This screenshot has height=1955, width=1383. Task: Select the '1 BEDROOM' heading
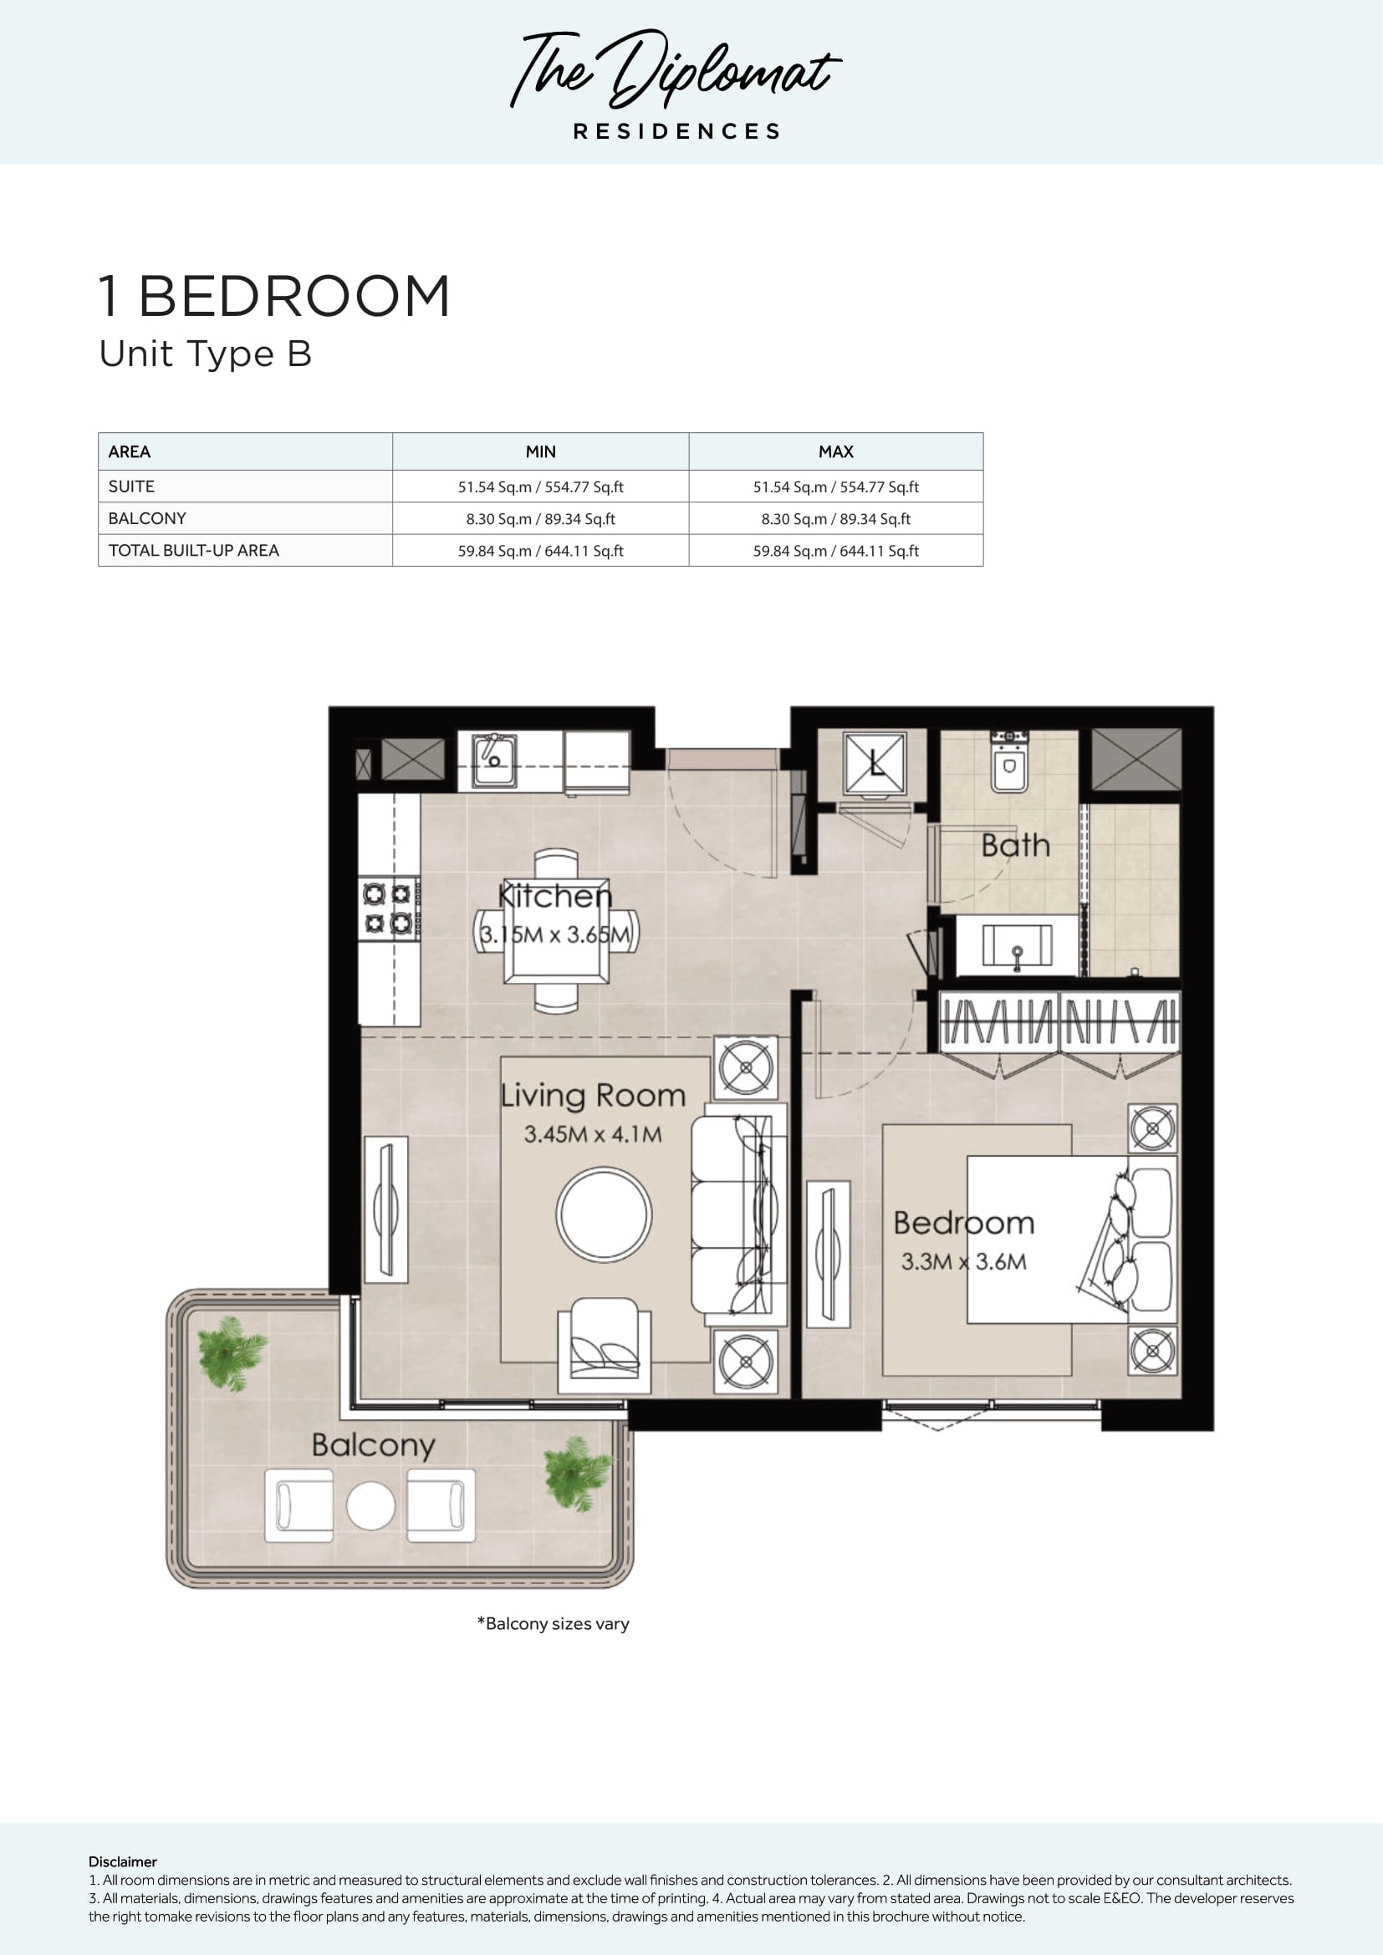(x=274, y=297)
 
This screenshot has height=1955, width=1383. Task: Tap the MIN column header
(x=541, y=452)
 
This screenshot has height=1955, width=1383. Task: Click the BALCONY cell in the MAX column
(x=835, y=518)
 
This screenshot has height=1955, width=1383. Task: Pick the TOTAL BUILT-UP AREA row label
(x=193, y=551)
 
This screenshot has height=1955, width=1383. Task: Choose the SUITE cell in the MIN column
(x=541, y=487)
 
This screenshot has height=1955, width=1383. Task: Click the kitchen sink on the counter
(x=494, y=760)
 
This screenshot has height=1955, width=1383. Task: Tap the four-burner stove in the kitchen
(x=389, y=908)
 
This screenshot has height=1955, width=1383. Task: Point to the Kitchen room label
(x=554, y=896)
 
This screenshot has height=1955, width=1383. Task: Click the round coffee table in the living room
(x=604, y=1214)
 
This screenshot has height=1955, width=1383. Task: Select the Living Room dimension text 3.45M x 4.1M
(x=593, y=1134)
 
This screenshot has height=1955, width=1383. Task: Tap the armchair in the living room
(x=605, y=1346)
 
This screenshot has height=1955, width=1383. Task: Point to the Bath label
(x=1015, y=846)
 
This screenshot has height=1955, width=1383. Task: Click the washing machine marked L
(x=874, y=763)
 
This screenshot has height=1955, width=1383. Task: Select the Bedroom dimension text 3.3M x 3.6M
(x=964, y=1262)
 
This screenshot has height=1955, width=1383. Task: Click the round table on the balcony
(x=370, y=1505)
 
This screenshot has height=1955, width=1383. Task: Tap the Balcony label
(x=373, y=1445)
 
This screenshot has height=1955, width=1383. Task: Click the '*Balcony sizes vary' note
(x=554, y=1624)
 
